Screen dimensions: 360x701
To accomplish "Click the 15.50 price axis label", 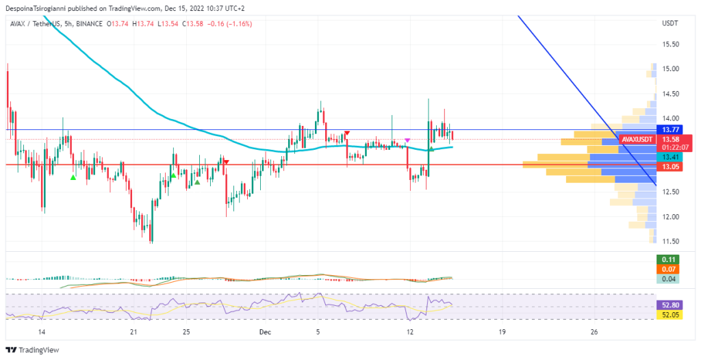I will coord(670,44).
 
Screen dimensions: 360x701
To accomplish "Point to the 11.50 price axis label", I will coord(670,242).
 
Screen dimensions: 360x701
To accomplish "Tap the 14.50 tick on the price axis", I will coord(670,94).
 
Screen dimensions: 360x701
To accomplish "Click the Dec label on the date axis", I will coord(266,332).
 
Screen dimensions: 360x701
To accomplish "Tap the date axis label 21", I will coord(133,332).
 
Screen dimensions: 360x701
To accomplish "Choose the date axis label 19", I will coord(502,332).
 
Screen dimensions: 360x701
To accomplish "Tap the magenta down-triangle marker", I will coord(408,140).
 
